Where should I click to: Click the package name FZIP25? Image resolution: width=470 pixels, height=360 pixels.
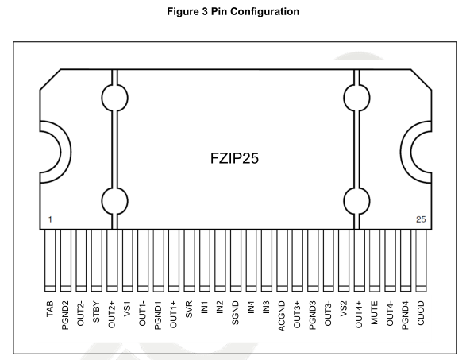tap(234, 158)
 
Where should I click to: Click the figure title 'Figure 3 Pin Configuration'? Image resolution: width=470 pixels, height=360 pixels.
tap(233, 11)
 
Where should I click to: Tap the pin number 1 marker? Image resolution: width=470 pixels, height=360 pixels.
tap(50, 219)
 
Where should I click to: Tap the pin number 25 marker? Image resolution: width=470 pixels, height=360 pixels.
tap(421, 219)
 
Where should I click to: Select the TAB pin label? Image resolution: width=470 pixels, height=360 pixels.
tap(50, 309)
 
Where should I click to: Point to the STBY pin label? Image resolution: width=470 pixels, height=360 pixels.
tap(96, 312)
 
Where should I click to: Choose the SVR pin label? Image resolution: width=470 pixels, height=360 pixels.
tap(189, 310)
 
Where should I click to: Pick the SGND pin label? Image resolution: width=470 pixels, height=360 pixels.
tap(235, 313)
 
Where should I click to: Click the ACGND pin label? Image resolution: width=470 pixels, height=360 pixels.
tap(282, 316)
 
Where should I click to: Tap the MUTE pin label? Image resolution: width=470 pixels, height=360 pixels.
tap(375, 313)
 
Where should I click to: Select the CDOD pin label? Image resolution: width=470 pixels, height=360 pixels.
tap(421, 313)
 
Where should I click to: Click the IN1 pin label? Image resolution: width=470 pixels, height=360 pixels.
tap(204, 308)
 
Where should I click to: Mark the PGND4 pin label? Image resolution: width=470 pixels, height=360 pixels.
tap(405, 315)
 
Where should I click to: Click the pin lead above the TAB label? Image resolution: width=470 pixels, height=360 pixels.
tap(50, 261)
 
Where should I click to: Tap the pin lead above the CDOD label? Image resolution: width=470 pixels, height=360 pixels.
tap(421, 261)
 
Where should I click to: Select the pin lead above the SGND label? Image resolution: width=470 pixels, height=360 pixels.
tap(235, 261)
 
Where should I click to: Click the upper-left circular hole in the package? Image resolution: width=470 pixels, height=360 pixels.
tap(114, 98)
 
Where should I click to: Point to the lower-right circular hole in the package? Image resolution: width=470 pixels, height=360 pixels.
tap(356, 201)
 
